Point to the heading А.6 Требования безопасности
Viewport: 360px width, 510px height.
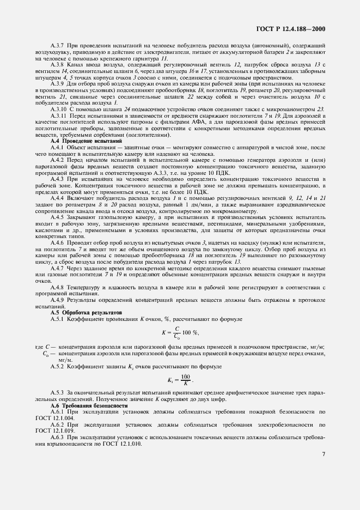click(81, 406)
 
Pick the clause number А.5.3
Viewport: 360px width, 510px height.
click(58, 392)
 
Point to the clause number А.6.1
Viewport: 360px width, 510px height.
click(58, 412)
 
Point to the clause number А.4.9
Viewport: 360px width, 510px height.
click(58, 300)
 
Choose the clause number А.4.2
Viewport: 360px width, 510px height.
click(58, 160)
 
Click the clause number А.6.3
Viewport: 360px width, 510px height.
click(58, 438)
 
